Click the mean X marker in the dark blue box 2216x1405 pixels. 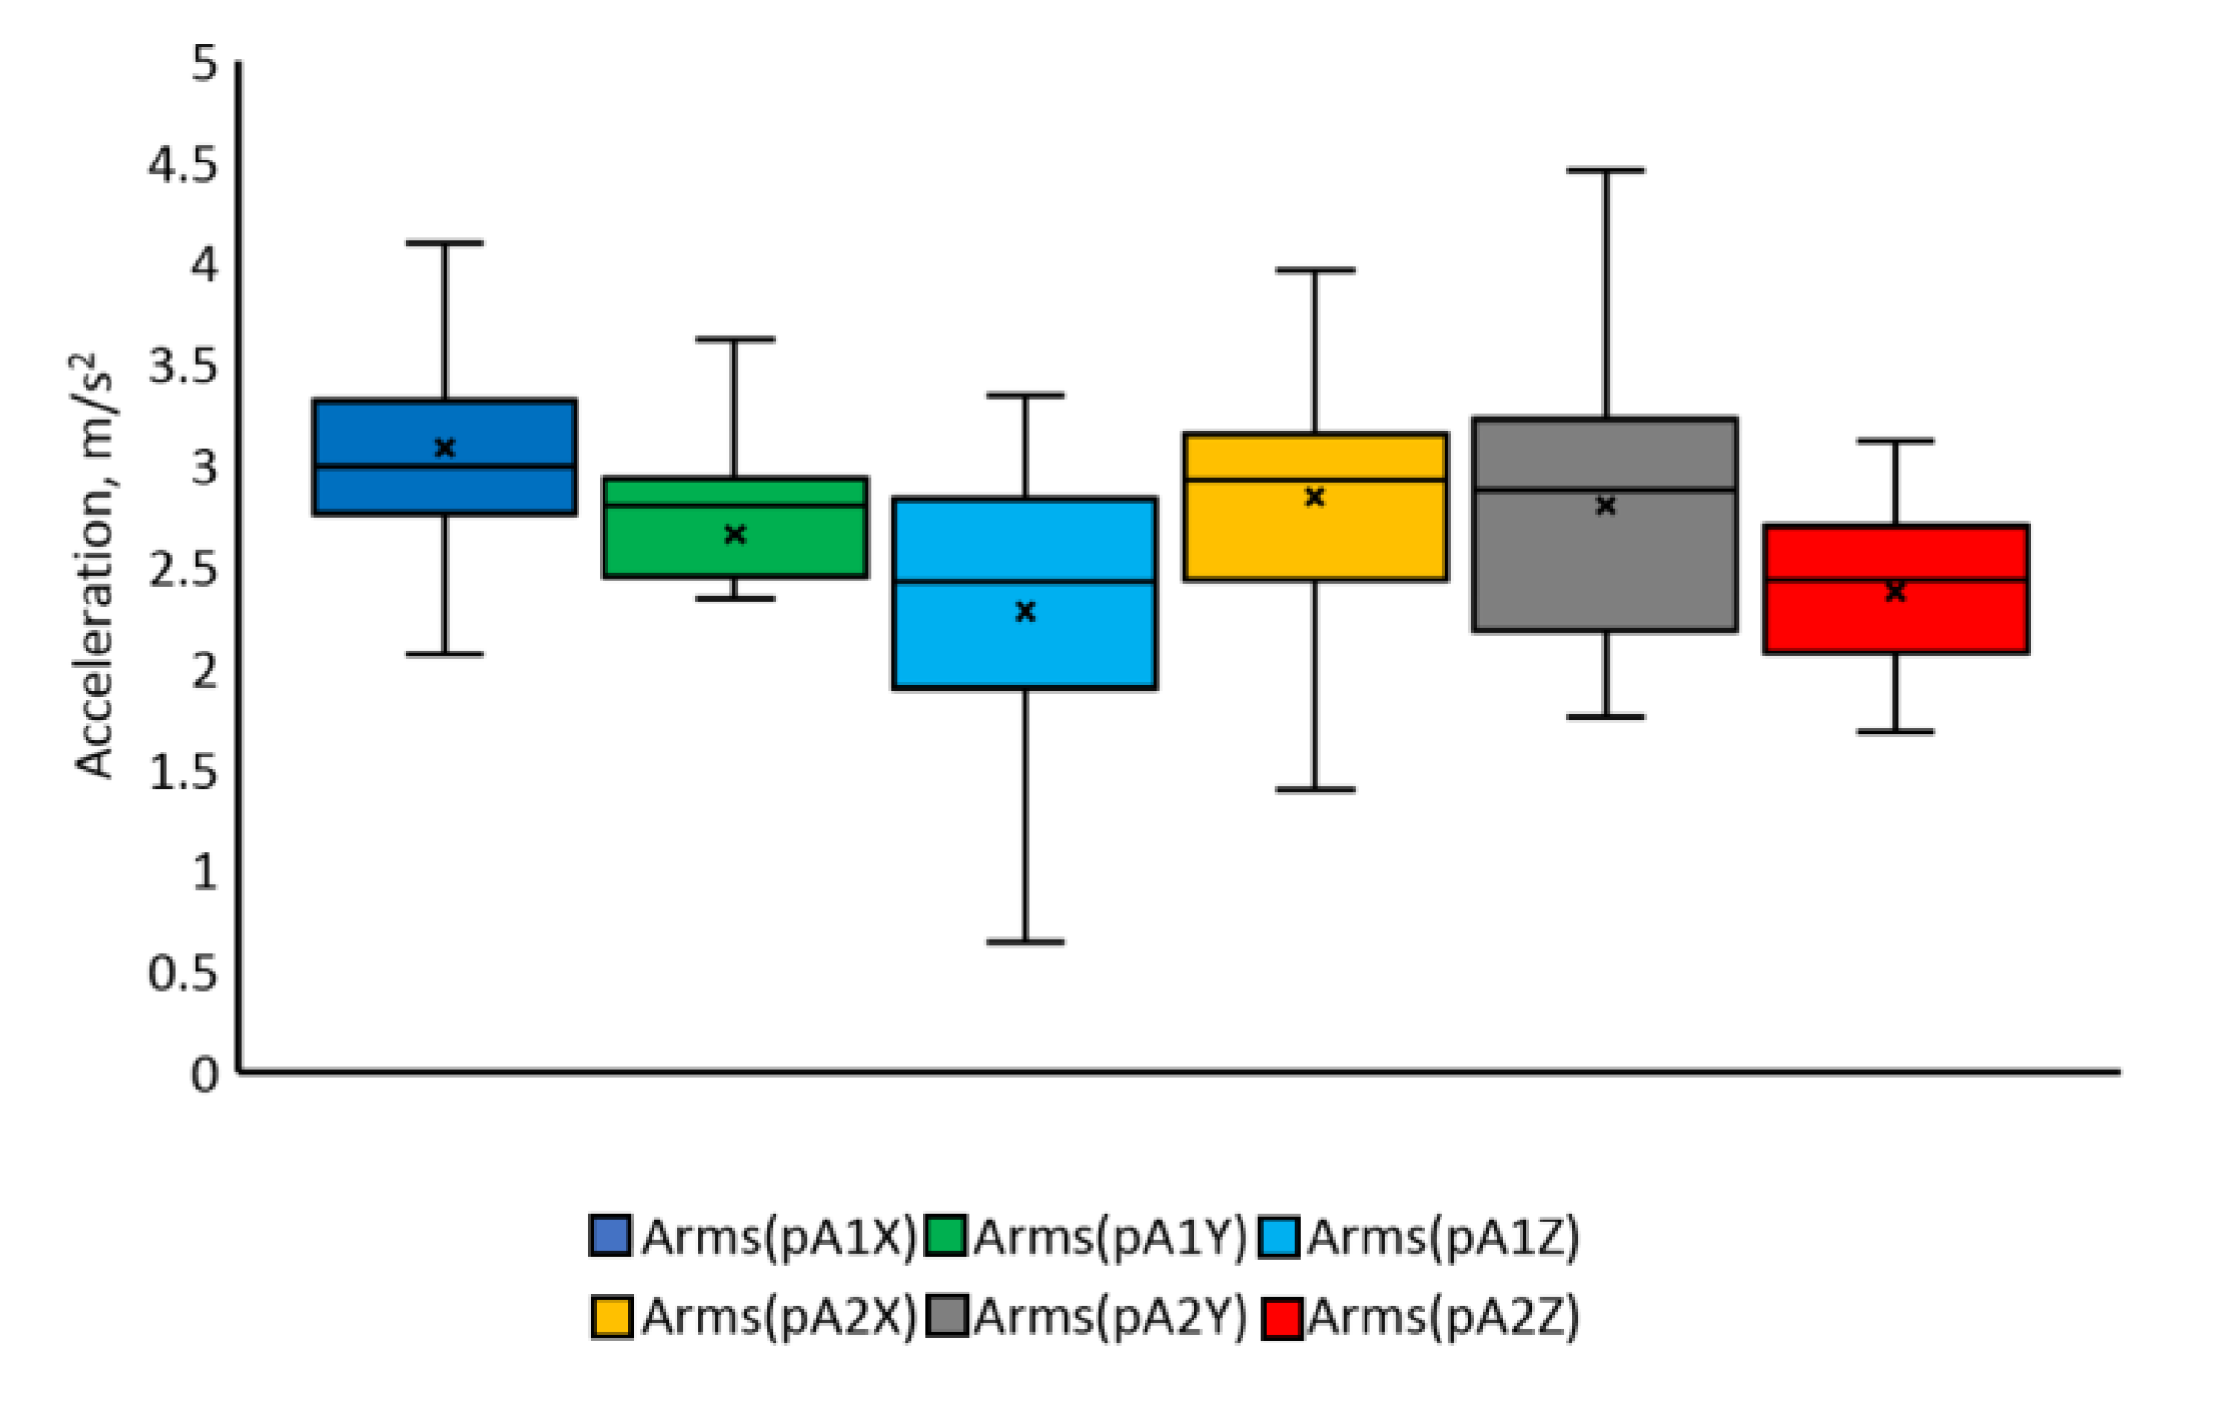444,448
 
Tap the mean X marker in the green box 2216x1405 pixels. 735,534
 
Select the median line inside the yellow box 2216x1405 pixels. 1315,480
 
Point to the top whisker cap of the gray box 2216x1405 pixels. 1606,170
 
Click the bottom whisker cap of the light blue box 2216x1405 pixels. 1025,942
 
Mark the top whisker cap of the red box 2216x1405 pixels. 1895,441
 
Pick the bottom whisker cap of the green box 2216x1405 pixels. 735,599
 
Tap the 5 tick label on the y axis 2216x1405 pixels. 205,64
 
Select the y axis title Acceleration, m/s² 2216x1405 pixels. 94,567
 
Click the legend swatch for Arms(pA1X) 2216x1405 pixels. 610,1236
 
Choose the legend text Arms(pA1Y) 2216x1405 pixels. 1110,1237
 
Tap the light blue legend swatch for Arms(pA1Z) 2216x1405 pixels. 1279,1237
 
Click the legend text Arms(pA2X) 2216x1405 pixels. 778,1317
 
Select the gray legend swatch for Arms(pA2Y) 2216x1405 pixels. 947,1317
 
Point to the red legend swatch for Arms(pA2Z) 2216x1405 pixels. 1282,1318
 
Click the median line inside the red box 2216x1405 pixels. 1895,579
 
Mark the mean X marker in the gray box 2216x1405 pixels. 1606,505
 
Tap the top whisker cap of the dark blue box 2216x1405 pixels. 444,243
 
